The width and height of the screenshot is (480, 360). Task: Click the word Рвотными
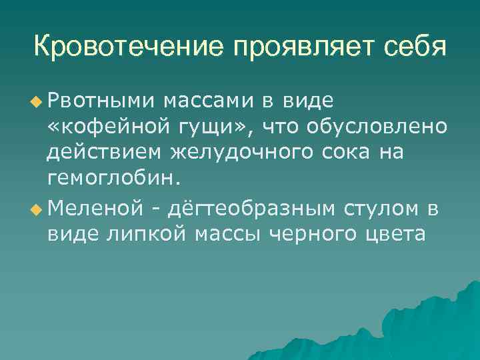point(99,101)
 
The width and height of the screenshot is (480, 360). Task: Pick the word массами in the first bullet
point(207,101)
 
